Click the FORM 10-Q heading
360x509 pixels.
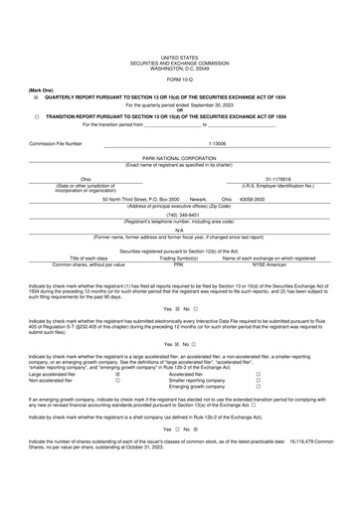tap(179, 81)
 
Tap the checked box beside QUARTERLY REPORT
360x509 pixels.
tap(37, 96)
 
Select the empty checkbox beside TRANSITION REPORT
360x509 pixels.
tap(37, 115)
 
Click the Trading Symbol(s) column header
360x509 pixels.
tap(179, 258)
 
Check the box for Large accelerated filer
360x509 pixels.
tap(117, 374)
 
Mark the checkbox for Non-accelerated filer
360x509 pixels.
tap(117, 380)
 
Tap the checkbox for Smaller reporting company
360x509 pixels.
tap(259, 380)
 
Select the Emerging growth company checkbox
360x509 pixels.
tap(259, 387)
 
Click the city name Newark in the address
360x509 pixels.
tap(199, 199)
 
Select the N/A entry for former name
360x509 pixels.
tap(179, 230)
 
